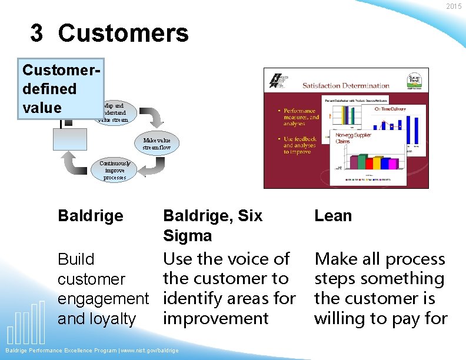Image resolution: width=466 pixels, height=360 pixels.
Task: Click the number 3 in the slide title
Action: pyautogui.click(x=36, y=34)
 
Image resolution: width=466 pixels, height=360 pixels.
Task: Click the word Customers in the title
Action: pyautogui.click(x=124, y=34)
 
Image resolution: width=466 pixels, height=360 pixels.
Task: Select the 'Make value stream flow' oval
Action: pyautogui.click(x=157, y=144)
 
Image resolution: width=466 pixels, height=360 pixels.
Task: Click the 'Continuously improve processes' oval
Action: pyautogui.click(x=114, y=171)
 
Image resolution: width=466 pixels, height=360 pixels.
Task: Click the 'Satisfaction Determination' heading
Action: pyautogui.click(x=346, y=86)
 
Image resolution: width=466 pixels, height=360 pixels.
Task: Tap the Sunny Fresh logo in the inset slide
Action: pyautogui.click(x=414, y=79)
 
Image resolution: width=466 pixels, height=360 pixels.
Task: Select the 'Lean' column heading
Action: pyautogui.click(x=333, y=216)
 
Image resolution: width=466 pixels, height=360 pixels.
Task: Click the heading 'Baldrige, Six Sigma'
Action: pyautogui.click(x=212, y=225)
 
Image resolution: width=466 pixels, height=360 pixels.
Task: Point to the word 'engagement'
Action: pyautogui.click(x=104, y=299)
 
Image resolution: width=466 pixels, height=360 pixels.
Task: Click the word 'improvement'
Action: pyautogui.click(x=216, y=319)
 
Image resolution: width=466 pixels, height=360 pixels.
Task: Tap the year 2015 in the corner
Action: pyautogui.click(x=454, y=6)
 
